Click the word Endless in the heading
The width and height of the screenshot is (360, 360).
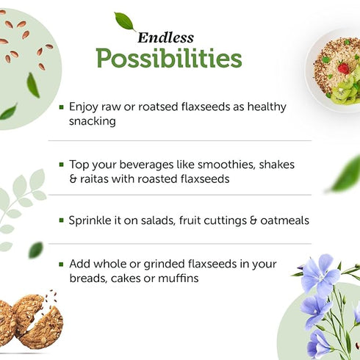tap(165, 37)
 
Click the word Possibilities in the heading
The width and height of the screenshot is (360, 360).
tap(168, 57)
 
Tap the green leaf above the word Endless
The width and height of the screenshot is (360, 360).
tap(125, 21)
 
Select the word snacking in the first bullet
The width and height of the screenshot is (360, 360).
tap(93, 121)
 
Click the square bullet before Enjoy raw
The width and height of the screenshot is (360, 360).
tap(62, 107)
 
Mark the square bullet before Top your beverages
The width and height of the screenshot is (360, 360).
tap(62, 164)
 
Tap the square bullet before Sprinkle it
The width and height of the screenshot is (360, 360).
tap(62, 220)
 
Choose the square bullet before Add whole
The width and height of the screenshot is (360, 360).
tap(62, 264)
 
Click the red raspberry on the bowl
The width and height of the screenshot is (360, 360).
tap(343, 68)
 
